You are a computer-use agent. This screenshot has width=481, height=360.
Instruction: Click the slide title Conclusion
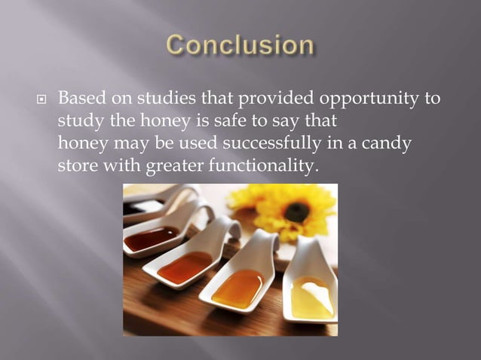click(x=240, y=45)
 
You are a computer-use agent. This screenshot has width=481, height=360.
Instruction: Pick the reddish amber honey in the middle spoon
click(x=185, y=267)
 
